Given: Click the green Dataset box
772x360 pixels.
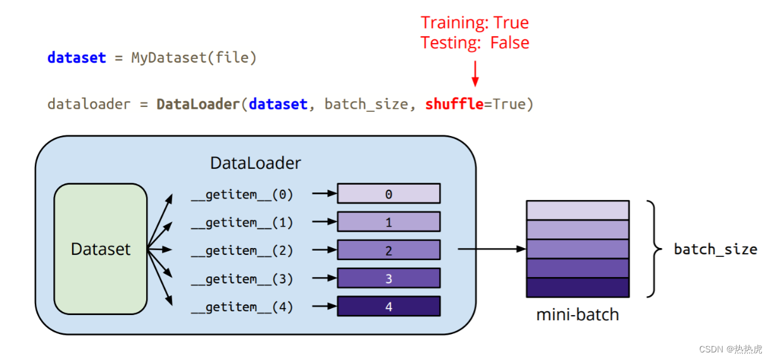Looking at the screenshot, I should click(101, 249).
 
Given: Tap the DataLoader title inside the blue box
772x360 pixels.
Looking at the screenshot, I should click(255, 163).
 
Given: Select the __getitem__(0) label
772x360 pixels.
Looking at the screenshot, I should click(242, 194).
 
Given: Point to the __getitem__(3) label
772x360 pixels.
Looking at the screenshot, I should click(242, 278).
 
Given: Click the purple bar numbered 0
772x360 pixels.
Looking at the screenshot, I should click(389, 194).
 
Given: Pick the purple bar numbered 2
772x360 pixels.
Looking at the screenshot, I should click(389, 250).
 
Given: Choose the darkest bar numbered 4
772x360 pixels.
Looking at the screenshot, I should click(389, 306).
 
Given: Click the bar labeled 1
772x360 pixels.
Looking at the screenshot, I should click(389, 222).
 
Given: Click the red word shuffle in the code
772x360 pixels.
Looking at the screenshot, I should click(454, 104).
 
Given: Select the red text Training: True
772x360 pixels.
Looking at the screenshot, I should click(475, 23).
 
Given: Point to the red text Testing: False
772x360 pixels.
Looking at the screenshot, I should click(475, 43).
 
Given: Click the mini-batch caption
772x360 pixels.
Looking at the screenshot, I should click(577, 314).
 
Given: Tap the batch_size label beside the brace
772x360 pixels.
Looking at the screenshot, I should click(715, 249).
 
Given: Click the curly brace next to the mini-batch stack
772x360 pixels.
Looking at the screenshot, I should click(652, 249).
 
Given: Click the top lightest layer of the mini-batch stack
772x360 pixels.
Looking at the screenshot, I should click(578, 210).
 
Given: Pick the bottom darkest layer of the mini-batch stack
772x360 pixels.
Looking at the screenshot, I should click(578, 287).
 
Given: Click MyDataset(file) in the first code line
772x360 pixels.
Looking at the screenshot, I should click(194, 58).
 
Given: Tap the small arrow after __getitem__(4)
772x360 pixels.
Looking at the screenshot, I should click(324, 306).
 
